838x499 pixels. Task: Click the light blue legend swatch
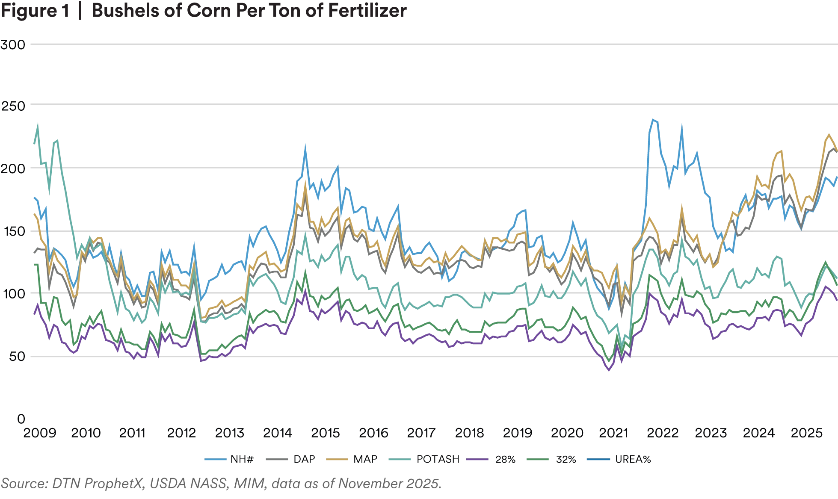click(215, 461)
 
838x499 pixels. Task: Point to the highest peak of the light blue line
click(653, 118)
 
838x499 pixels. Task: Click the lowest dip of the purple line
click(610, 370)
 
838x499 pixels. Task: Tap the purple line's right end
click(836, 298)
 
